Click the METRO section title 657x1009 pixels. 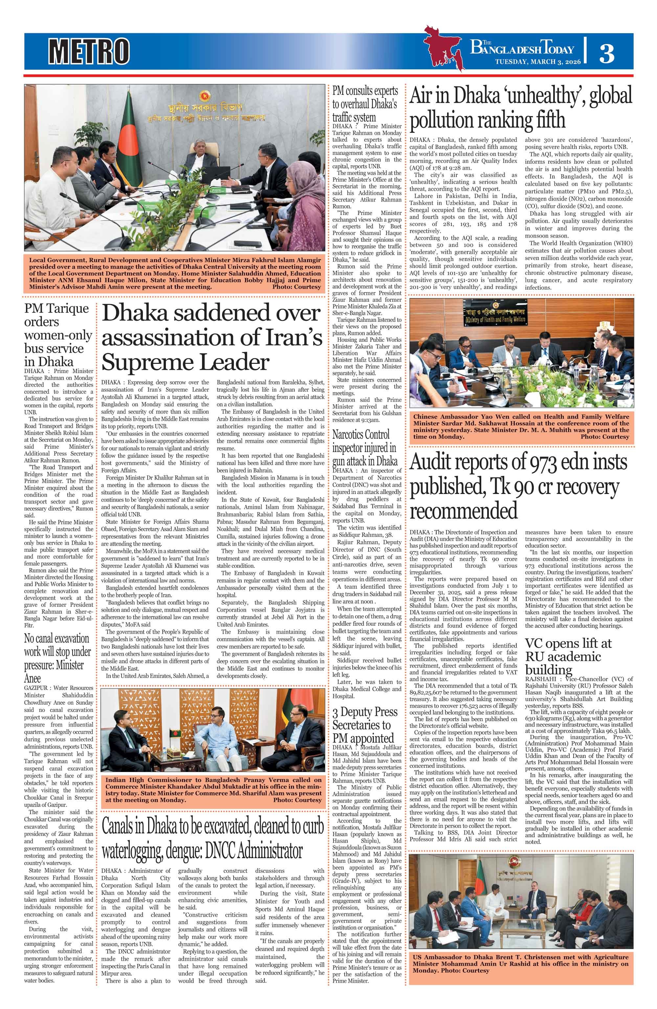click(x=89, y=51)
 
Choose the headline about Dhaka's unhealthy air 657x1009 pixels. click(x=521, y=107)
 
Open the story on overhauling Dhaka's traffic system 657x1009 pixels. click(x=365, y=104)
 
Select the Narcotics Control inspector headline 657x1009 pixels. click(x=365, y=448)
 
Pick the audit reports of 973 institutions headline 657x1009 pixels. click(x=518, y=486)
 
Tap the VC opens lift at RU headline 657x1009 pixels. click(x=568, y=656)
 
